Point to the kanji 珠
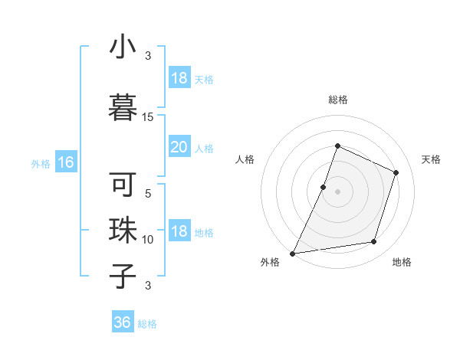[123, 229]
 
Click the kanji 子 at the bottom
[123, 275]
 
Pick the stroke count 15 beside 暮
[148, 116]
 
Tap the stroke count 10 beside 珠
[148, 240]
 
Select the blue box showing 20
[179, 147]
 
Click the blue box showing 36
[123, 322]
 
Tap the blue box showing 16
[65, 162]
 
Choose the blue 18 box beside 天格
[179, 78]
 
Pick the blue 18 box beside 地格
[179, 232]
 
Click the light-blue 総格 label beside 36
[147, 324]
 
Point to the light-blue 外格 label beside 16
[41, 163]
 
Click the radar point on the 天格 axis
[396, 172]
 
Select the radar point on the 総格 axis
[337, 146]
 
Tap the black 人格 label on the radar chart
[245, 159]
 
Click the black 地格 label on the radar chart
[402, 263]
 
